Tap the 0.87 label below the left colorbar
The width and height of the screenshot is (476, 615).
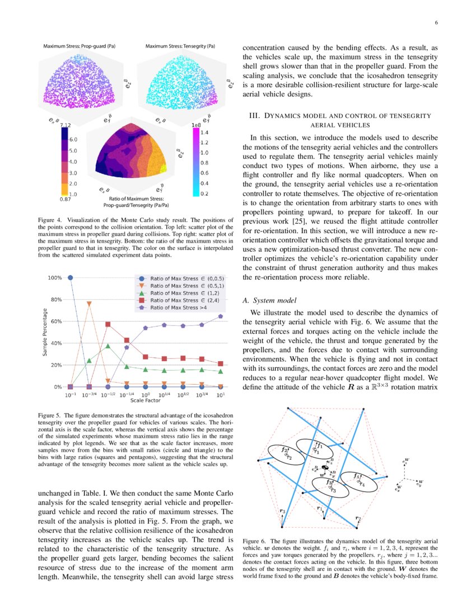(x=66, y=198)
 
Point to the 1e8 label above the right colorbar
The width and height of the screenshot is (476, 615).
(x=197, y=125)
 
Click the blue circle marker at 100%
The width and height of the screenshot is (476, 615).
(x=70, y=277)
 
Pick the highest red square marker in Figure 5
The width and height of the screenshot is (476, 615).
(x=108, y=324)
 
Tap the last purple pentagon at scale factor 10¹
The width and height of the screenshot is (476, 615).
(x=221, y=316)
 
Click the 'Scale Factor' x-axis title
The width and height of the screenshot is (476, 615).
(x=145, y=400)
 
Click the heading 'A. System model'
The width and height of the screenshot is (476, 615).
(x=268, y=300)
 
